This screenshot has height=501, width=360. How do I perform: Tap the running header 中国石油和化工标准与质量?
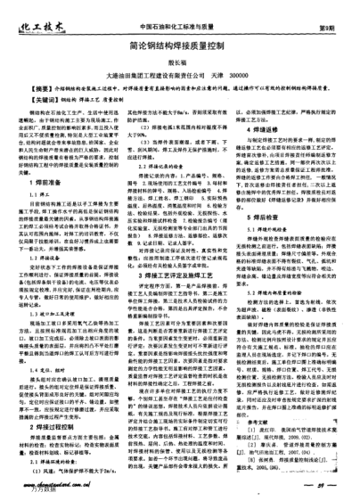pyautogui.click(x=151, y=12)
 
